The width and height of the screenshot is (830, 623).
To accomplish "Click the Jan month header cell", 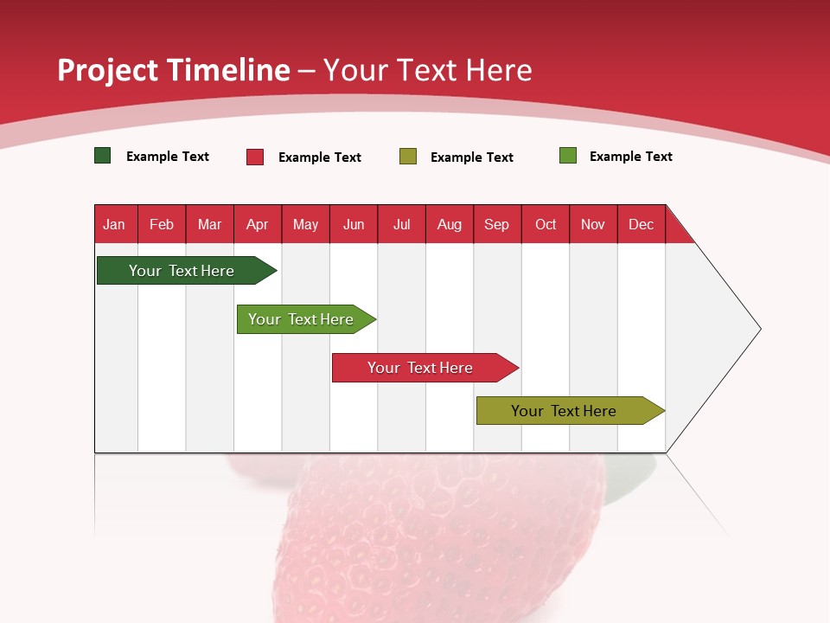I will point(115,224).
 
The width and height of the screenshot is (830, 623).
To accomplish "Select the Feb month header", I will point(162,224).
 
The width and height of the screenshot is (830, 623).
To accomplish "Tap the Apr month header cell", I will point(258,224).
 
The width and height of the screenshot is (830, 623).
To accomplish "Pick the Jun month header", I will point(354,224).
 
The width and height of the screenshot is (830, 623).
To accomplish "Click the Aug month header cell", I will point(450,224).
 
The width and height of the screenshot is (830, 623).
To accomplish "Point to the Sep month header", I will point(497,224).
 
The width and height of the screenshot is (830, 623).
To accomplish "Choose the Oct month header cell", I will point(546,224).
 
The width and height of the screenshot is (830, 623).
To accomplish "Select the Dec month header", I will point(642,224).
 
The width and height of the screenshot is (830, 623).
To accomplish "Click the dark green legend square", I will point(103,156).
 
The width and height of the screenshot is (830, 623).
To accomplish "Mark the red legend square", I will point(255,157).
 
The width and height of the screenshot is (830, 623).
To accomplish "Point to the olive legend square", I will point(408,157).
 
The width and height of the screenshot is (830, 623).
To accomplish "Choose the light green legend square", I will point(568,156).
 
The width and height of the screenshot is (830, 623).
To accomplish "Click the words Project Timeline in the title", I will point(174,70).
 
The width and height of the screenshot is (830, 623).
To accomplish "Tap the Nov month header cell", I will point(593,224).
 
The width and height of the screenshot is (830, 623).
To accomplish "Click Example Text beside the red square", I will point(320,157).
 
